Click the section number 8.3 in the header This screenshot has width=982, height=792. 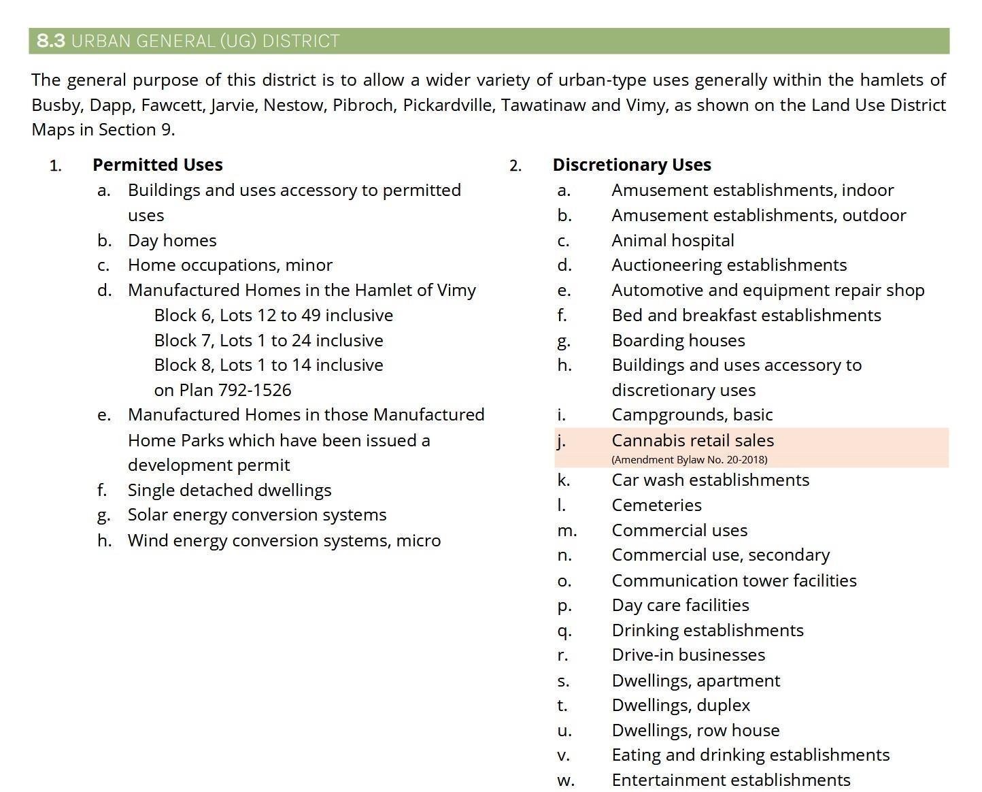point(51,41)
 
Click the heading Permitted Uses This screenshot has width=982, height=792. point(157,165)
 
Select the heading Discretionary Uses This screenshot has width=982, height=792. point(631,165)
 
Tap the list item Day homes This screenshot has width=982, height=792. point(172,240)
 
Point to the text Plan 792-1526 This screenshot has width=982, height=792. point(235,390)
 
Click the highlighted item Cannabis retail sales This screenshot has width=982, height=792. point(692,440)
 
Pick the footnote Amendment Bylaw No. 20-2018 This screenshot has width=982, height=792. point(689,460)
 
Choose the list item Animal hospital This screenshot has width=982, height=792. point(673,240)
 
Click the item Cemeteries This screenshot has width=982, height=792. point(656,505)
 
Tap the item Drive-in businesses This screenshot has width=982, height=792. point(688,655)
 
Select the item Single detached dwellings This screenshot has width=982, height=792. point(229,490)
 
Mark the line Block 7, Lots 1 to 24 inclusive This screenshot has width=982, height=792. point(269,340)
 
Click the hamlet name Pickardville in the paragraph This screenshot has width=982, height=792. point(448,105)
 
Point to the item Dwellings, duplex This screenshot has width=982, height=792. point(681,705)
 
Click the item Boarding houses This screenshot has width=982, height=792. point(678,340)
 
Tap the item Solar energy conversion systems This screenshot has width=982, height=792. point(257,515)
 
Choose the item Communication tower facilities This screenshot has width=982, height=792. point(734,580)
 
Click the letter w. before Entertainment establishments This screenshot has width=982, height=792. point(565,780)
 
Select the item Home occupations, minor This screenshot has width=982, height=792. point(230,265)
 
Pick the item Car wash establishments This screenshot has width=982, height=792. point(710,480)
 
